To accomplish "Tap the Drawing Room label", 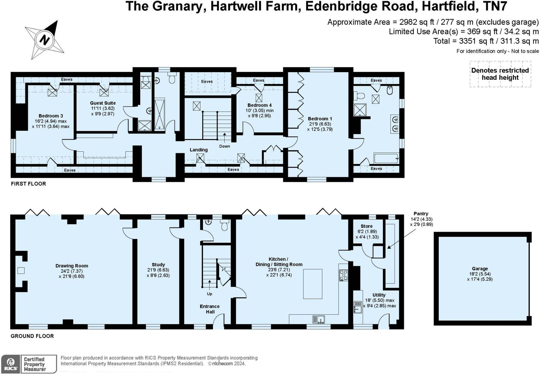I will click(72, 266).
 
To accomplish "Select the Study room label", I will click(158, 265).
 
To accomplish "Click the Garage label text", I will click(480, 269).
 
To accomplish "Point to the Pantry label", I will click(421, 214).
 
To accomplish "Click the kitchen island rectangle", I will click(313, 284).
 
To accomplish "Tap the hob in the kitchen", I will click(343, 275).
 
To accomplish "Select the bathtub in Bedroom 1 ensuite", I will click(386, 158).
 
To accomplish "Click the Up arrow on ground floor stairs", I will click(210, 284).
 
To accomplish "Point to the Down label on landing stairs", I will click(225, 146).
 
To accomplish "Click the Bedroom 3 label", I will click(51, 116).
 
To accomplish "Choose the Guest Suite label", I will click(103, 103).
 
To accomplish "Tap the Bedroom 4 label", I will click(259, 105).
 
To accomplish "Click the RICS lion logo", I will click(11, 364).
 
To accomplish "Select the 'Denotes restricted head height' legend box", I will click(500, 74).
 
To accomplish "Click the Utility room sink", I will click(358, 307).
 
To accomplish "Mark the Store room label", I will click(366, 226).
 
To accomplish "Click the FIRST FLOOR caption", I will click(28, 184).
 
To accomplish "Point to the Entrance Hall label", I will click(210, 309).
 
